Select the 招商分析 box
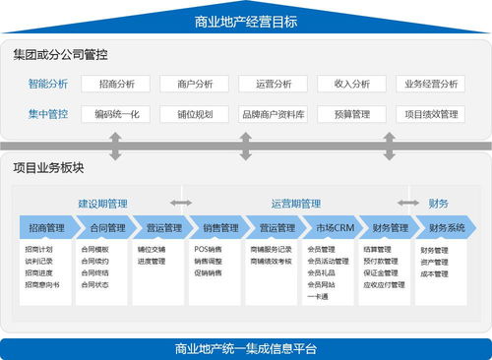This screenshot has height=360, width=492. click(116, 85)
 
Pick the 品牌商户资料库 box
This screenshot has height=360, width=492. click(274, 114)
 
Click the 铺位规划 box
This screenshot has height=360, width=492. click(195, 114)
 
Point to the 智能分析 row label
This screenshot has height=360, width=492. click(48, 85)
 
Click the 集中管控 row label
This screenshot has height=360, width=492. click(48, 114)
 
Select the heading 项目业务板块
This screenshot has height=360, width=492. click(49, 168)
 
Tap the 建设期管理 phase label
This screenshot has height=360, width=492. click(103, 204)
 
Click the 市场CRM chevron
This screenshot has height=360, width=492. click(330, 228)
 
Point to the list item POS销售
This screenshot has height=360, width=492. click(208, 250)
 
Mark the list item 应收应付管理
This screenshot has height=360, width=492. click(385, 284)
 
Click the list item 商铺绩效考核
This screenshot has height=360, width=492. click(272, 262)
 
